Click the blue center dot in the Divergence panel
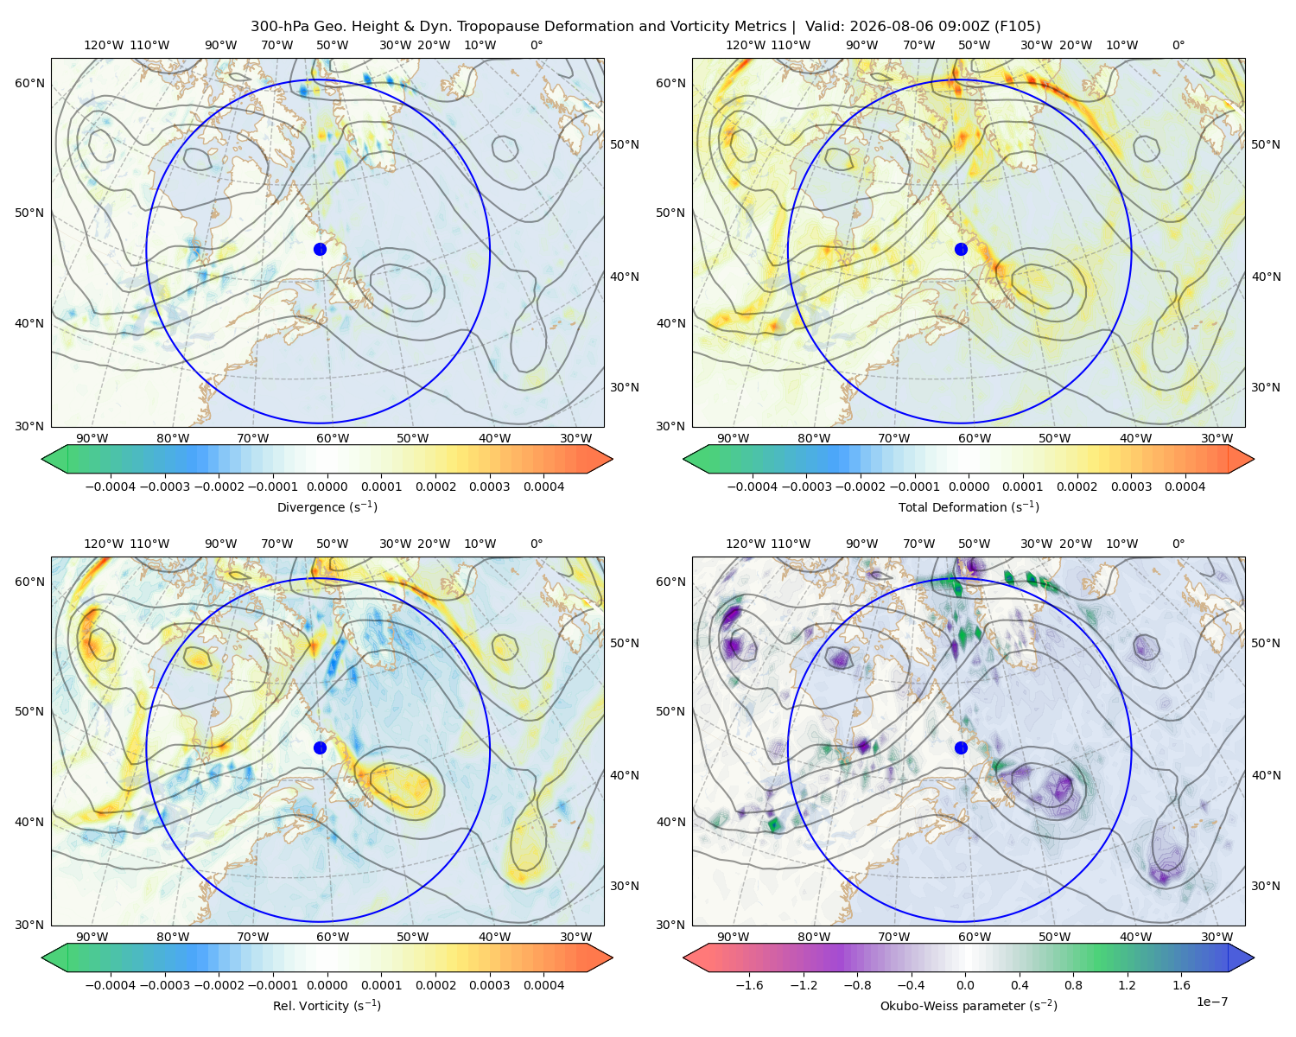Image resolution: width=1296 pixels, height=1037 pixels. pos(320,249)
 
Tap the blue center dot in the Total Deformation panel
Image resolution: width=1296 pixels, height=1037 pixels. pos(961,249)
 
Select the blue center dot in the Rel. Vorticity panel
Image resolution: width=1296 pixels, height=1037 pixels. pos(320,748)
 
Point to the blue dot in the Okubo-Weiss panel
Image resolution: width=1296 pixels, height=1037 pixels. pos(961,748)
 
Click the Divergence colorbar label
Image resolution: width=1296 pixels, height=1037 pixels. pos(327,506)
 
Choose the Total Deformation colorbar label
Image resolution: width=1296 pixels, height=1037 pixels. pos(969,506)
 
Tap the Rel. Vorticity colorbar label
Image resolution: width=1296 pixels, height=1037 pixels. pos(327,1005)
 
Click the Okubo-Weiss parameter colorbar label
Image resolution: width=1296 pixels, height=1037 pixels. pos(969,1005)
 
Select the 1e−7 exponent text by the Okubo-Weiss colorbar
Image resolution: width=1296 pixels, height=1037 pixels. pos(1211,1002)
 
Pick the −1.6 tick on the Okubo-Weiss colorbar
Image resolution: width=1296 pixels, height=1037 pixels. pos(749,985)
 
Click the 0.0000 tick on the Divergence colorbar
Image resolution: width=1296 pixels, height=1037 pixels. pos(327,487)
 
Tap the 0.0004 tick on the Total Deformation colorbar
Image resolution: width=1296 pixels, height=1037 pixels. pos(1185,487)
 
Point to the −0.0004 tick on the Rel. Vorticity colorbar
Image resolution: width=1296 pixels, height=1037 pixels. pos(111,985)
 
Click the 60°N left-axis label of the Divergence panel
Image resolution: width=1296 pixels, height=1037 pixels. pos(29,83)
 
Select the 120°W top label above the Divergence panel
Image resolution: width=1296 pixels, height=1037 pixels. pos(104,45)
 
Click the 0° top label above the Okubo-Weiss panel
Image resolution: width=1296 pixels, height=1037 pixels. pos(1178,544)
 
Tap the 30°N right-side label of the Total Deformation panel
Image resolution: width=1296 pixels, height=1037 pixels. pos(1265,387)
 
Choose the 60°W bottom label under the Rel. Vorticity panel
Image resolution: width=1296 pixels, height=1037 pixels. pos(333,937)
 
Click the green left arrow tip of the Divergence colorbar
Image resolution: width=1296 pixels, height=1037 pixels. pos(42,459)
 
